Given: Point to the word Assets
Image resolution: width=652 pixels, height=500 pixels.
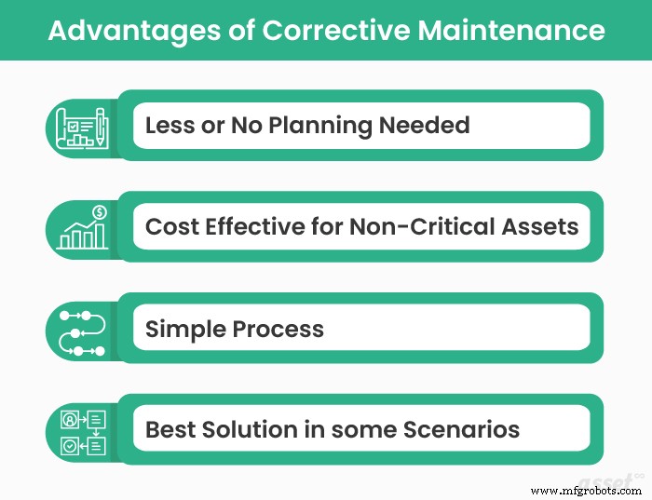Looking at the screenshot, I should click(x=540, y=227).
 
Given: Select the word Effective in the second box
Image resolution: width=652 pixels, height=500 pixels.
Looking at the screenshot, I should click(x=254, y=227).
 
